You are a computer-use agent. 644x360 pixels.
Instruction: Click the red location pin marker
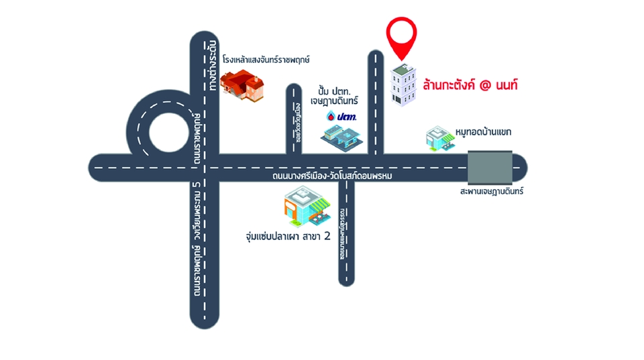point(401,38)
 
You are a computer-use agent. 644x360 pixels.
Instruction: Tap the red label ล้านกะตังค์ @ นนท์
point(471,86)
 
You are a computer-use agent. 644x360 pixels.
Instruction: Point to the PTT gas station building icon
point(342,137)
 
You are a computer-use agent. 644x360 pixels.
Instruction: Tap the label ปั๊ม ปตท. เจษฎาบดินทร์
point(338,95)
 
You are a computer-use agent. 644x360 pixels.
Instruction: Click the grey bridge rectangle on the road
point(490,168)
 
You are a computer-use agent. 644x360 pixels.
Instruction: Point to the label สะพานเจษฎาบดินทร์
point(492,192)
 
